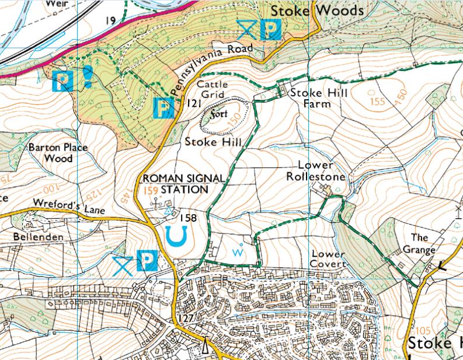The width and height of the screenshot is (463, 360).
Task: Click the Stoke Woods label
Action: (318, 11)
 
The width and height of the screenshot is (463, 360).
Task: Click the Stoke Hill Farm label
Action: (310, 98)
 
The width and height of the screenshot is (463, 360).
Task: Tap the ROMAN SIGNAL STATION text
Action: (176, 184)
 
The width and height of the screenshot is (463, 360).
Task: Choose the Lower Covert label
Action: (329, 259)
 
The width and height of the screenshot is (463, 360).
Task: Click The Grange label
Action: (419, 244)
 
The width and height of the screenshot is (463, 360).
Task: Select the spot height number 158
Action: (189, 218)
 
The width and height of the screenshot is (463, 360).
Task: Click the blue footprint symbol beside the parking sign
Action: (87, 76)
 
